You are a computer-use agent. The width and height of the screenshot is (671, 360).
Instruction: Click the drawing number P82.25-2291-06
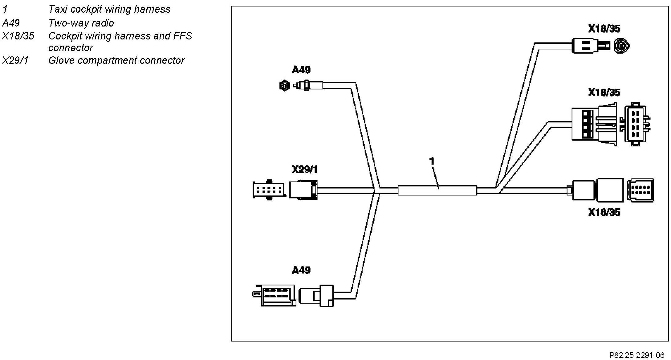pos(636,355)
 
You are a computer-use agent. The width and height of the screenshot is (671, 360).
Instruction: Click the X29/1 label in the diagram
pos(304,169)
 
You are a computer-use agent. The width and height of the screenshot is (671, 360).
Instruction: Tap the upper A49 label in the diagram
pos(301,70)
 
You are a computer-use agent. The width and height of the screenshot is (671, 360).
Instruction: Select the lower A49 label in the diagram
pos(301,270)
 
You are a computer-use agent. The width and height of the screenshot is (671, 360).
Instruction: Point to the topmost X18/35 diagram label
pos(604,29)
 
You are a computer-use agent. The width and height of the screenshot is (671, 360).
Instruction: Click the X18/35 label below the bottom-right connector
pos(604,212)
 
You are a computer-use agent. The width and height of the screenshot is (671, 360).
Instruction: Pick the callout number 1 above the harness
pos(432,161)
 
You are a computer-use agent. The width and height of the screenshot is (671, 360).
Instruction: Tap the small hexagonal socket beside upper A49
pos(284,85)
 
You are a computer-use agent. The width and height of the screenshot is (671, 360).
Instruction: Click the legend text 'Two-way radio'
pos(81,23)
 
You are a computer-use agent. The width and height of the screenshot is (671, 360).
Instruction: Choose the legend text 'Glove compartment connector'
pos(116,60)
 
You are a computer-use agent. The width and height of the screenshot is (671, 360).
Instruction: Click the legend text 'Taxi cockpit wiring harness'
pos(109,9)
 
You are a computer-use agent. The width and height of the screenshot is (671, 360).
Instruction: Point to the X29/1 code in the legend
pos(15,60)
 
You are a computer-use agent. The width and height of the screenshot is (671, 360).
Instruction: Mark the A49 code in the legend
pos(11,23)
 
